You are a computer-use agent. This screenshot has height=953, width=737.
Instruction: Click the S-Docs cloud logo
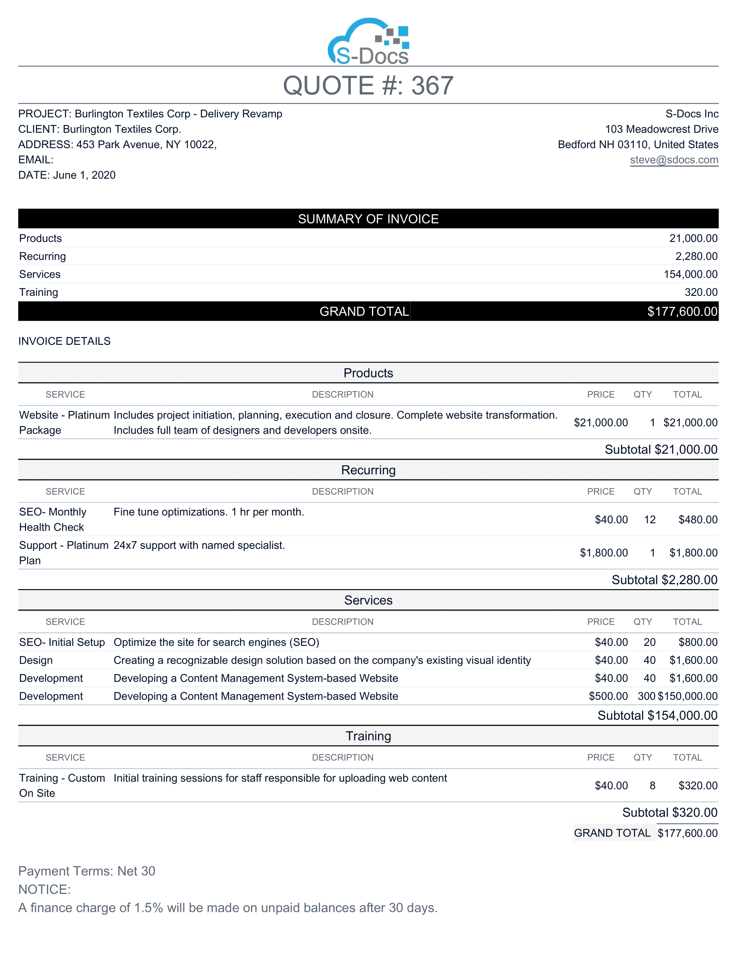point(368,42)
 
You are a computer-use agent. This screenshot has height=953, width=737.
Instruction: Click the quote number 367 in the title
point(432,85)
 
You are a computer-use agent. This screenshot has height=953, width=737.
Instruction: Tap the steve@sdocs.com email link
point(674,160)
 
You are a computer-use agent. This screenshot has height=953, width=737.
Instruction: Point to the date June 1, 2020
point(84,175)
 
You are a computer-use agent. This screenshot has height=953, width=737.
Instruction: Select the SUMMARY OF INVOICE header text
point(368,219)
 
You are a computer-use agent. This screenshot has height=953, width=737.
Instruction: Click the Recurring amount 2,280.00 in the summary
point(696,256)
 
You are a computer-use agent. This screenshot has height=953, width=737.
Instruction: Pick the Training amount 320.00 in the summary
point(700,292)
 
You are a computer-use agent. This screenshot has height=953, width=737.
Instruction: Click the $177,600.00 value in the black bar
point(682,311)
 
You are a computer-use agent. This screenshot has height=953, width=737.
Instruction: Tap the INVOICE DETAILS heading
point(64,341)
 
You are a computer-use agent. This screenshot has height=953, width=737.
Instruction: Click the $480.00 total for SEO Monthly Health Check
point(698,520)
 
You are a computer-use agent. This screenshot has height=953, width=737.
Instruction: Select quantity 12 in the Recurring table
point(650,520)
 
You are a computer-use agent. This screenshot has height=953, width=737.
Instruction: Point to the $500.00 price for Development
point(608,696)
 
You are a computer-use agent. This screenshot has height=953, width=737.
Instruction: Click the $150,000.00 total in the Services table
point(688,696)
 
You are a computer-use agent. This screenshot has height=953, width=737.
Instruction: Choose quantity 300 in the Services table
point(646,696)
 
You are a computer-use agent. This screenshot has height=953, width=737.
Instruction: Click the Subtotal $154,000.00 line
point(657,716)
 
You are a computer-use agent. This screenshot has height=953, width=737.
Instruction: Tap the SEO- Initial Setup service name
point(62,642)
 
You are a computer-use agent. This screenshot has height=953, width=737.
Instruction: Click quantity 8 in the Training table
point(652,786)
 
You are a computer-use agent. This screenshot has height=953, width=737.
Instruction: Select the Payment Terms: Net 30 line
point(86,871)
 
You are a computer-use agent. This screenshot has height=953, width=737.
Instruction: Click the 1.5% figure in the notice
point(148,908)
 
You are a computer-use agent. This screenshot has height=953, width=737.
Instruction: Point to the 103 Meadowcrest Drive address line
point(662,129)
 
